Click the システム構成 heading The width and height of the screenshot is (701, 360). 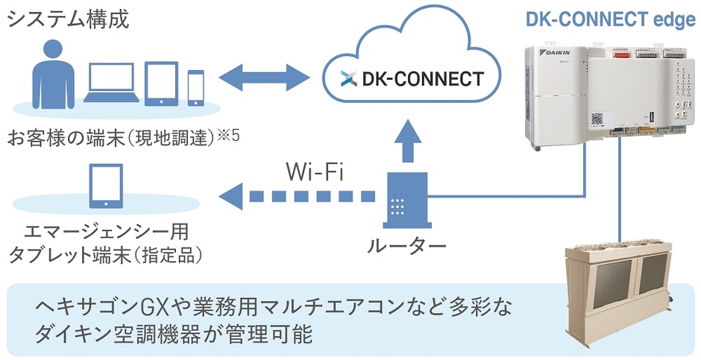[x=69, y=18]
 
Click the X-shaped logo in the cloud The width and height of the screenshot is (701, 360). [x=345, y=78]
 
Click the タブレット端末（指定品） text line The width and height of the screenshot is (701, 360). [x=104, y=255]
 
